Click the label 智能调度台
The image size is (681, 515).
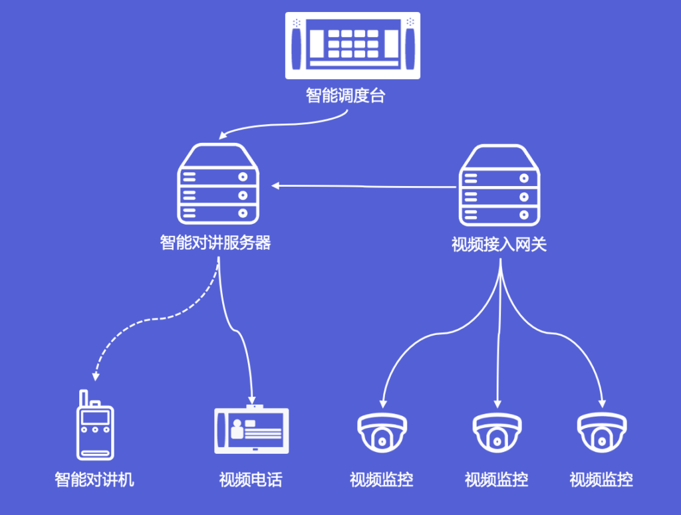(345, 96)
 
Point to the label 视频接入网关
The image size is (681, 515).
(499, 245)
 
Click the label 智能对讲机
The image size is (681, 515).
(94, 479)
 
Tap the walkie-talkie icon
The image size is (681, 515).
(95, 429)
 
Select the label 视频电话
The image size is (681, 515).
(251, 479)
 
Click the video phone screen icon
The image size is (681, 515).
(251, 430)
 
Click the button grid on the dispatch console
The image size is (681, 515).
(352, 44)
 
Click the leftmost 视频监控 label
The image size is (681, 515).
(382, 479)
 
